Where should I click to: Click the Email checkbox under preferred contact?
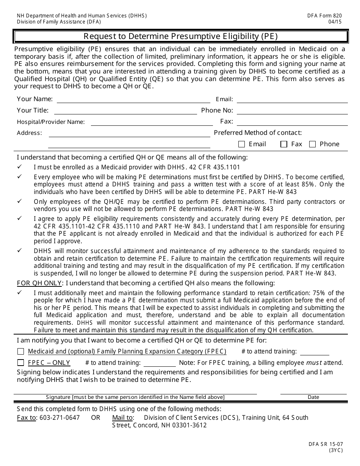241,144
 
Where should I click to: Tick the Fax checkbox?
284,144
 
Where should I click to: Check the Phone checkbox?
313,144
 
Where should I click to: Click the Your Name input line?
133,100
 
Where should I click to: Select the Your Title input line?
125,111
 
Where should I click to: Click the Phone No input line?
292,111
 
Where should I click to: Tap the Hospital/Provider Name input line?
152,122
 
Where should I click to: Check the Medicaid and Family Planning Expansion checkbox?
20,352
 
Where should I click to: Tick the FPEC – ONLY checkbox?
20,363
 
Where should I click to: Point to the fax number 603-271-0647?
59,418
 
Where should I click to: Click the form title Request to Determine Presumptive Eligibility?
181,36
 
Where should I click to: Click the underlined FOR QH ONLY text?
39,283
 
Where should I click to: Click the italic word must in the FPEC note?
314,363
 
